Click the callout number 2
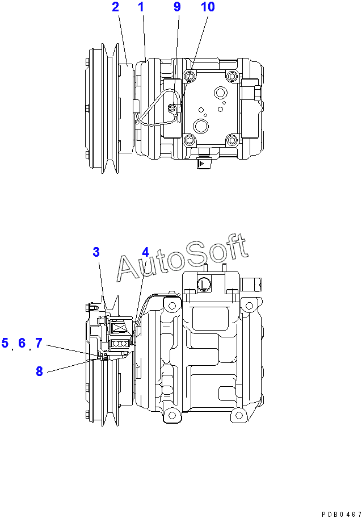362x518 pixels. [x=116, y=7]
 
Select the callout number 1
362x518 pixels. [x=141, y=7]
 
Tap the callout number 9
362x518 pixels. [x=177, y=7]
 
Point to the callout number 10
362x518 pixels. [x=208, y=7]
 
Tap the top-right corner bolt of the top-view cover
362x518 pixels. [x=231, y=77]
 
